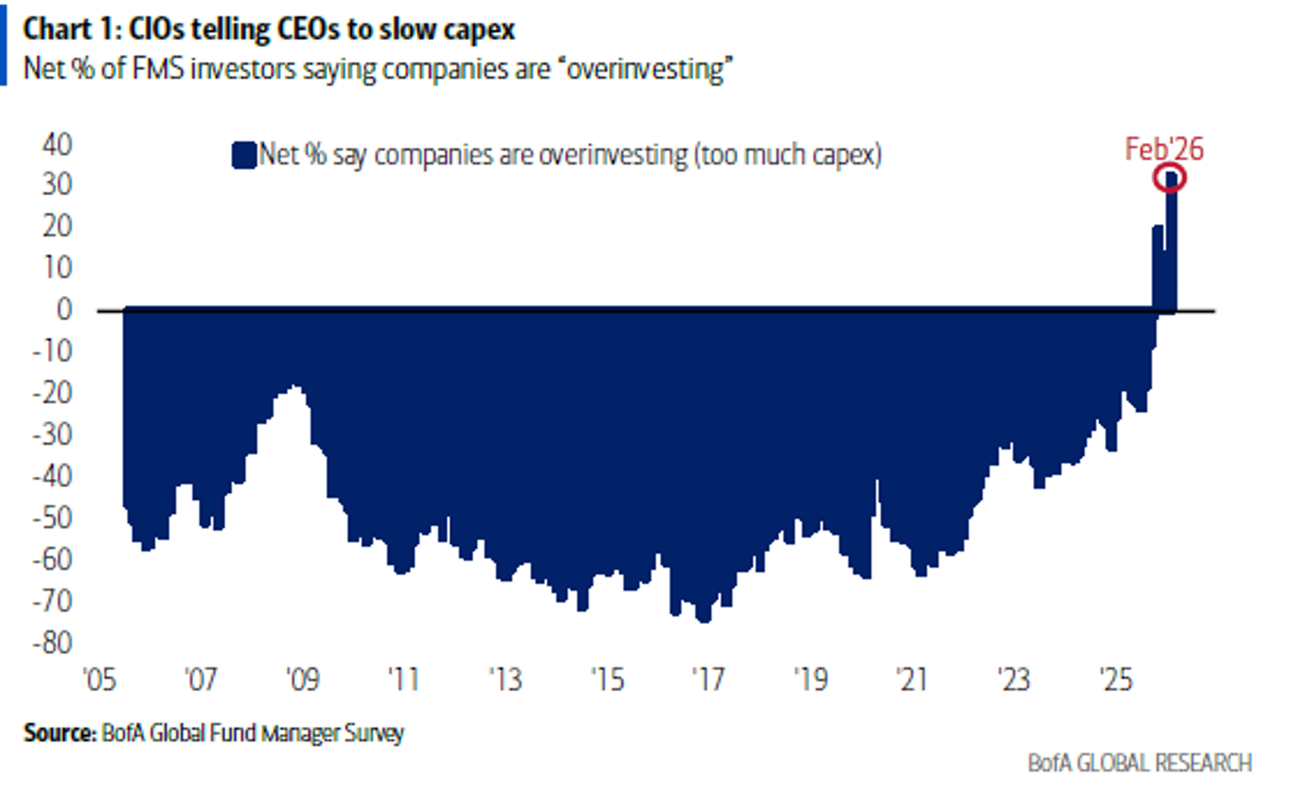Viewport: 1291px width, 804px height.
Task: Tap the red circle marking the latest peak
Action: click(1169, 177)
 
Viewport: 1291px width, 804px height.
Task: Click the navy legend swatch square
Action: click(244, 155)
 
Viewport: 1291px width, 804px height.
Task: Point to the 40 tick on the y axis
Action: click(57, 145)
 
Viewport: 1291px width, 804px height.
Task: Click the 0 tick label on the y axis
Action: click(64, 310)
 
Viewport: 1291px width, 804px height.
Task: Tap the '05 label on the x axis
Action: click(100, 680)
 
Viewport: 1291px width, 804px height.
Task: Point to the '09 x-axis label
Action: click(303, 680)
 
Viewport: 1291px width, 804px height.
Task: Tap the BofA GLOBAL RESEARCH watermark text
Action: click(1139, 763)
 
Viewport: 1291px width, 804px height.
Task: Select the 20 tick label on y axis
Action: click(57, 227)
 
